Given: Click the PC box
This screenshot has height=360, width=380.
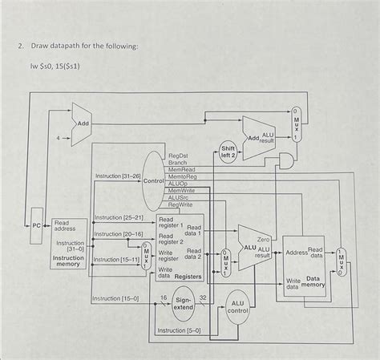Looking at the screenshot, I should tap(37, 226).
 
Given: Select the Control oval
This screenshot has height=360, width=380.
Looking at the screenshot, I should tap(154, 180).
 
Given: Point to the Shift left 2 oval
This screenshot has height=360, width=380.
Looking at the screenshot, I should tap(228, 152).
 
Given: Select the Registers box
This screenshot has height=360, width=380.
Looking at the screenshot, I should tap(180, 248).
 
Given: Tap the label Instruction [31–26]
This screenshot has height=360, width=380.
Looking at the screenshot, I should tap(118, 176).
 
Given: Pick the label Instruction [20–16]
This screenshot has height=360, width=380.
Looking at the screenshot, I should tap(118, 234).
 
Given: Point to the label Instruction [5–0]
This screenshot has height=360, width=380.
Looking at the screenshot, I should tap(180, 330).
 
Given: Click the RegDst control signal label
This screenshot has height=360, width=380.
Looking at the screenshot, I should tap(177, 156).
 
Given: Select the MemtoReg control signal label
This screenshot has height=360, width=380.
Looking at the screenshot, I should tap(184, 176).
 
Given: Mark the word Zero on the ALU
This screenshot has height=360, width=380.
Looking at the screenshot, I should tap(263, 240).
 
